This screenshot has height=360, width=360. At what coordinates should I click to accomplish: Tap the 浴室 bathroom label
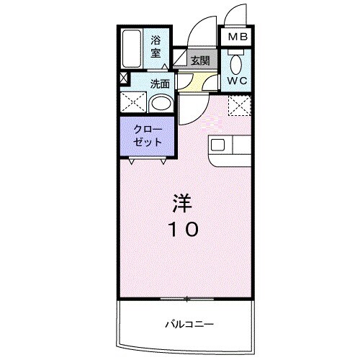[156, 48]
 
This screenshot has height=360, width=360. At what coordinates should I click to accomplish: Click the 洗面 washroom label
[160, 83]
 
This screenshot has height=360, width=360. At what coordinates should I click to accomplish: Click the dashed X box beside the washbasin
[133, 103]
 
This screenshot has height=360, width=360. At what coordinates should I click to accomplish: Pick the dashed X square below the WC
[238, 107]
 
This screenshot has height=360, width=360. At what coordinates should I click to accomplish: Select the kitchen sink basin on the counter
[218, 144]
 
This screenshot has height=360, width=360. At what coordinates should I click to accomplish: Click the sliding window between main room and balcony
[186, 298]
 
